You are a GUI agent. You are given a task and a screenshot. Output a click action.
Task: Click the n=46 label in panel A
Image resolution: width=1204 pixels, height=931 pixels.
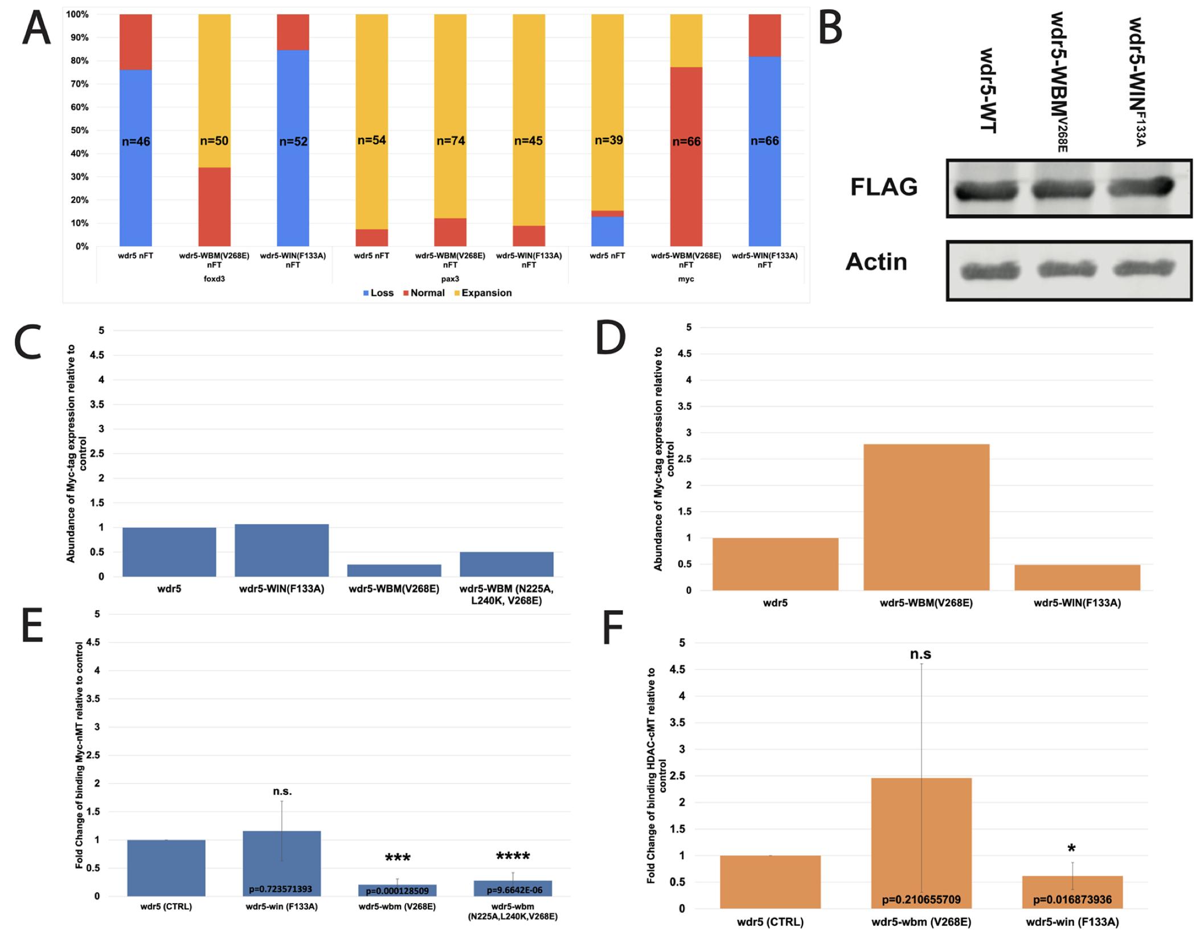(136, 141)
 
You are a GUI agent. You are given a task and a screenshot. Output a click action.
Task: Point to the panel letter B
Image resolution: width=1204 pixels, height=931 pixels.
(830, 30)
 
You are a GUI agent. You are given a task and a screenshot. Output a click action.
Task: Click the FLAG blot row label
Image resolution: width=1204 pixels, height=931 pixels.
(883, 187)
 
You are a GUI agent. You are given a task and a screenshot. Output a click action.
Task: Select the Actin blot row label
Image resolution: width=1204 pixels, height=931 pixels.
(876, 262)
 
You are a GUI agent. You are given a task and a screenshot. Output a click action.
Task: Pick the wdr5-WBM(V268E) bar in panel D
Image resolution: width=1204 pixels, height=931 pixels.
(926, 517)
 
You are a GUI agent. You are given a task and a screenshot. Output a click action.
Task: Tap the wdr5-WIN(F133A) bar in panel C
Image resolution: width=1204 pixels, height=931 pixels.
(281, 550)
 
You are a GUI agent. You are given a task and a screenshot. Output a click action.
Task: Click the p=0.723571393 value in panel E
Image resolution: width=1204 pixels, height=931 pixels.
(281, 889)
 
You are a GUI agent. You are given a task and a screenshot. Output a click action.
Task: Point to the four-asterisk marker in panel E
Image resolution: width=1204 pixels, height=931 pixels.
(513, 857)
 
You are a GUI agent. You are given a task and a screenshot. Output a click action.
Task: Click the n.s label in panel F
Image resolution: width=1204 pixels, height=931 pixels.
(920, 655)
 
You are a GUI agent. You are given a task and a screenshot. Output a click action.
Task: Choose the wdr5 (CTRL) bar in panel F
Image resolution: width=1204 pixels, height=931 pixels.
(770, 881)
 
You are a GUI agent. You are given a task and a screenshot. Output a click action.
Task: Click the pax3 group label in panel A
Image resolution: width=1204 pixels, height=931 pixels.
(450, 279)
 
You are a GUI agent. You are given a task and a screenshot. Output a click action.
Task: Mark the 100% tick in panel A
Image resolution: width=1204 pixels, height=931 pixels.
(77, 14)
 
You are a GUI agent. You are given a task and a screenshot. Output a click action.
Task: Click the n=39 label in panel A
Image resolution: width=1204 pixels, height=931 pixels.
(608, 140)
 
